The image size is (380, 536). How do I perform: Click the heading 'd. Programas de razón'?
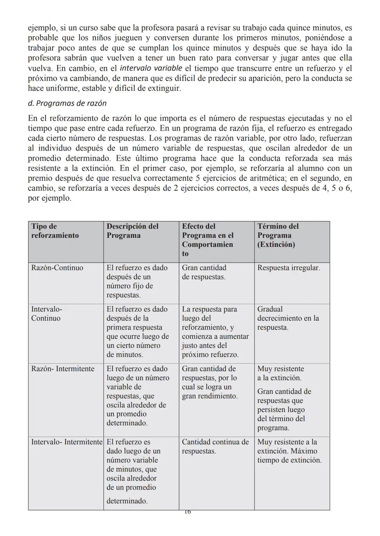[67, 103]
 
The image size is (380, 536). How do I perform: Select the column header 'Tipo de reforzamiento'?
[55, 231]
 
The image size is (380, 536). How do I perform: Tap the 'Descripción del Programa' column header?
[132, 231]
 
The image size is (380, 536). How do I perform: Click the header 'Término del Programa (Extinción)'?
[278, 235]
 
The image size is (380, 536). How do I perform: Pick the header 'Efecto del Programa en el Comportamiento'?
[208, 240]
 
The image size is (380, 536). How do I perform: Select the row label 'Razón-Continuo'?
[57, 268]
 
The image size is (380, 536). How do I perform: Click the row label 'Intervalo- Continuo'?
[46, 314]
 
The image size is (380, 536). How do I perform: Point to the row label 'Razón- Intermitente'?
[63, 369]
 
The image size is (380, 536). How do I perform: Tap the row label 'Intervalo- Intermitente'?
[67, 442]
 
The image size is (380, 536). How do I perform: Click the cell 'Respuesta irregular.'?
[289, 268]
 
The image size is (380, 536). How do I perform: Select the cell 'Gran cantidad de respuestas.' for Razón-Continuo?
[204, 272]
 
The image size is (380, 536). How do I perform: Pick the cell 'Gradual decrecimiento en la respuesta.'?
[288, 318]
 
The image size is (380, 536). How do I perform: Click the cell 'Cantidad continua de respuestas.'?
[215, 446]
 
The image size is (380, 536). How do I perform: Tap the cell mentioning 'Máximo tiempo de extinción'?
[289, 451]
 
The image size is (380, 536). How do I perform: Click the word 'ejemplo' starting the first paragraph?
[40, 28]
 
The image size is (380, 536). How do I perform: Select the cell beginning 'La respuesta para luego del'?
[215, 332]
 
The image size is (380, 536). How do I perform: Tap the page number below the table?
[187, 512]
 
